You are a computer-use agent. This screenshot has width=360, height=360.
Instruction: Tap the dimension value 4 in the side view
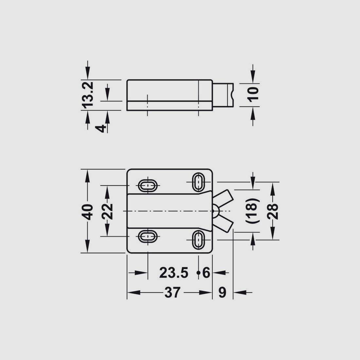[x=100, y=128]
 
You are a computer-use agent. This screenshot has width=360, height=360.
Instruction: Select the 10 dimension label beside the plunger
[x=253, y=93]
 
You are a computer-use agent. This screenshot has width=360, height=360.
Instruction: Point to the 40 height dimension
[x=88, y=212]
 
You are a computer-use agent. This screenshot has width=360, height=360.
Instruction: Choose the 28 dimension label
[x=273, y=211]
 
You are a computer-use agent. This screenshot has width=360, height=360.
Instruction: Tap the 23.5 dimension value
[x=174, y=273]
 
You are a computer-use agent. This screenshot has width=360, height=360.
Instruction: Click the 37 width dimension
[x=172, y=293]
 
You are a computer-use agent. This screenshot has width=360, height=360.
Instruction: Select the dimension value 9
[x=222, y=293]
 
